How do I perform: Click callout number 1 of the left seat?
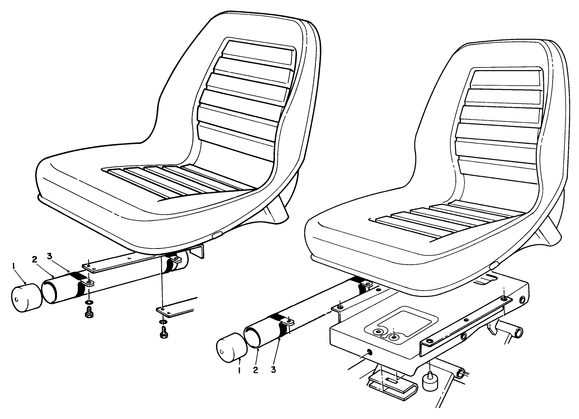(x=14, y=266)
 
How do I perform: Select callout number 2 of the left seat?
(x=35, y=259)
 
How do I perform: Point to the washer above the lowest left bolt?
(x=163, y=322)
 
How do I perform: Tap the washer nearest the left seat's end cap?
(x=88, y=303)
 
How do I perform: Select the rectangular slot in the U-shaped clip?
(x=391, y=380)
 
